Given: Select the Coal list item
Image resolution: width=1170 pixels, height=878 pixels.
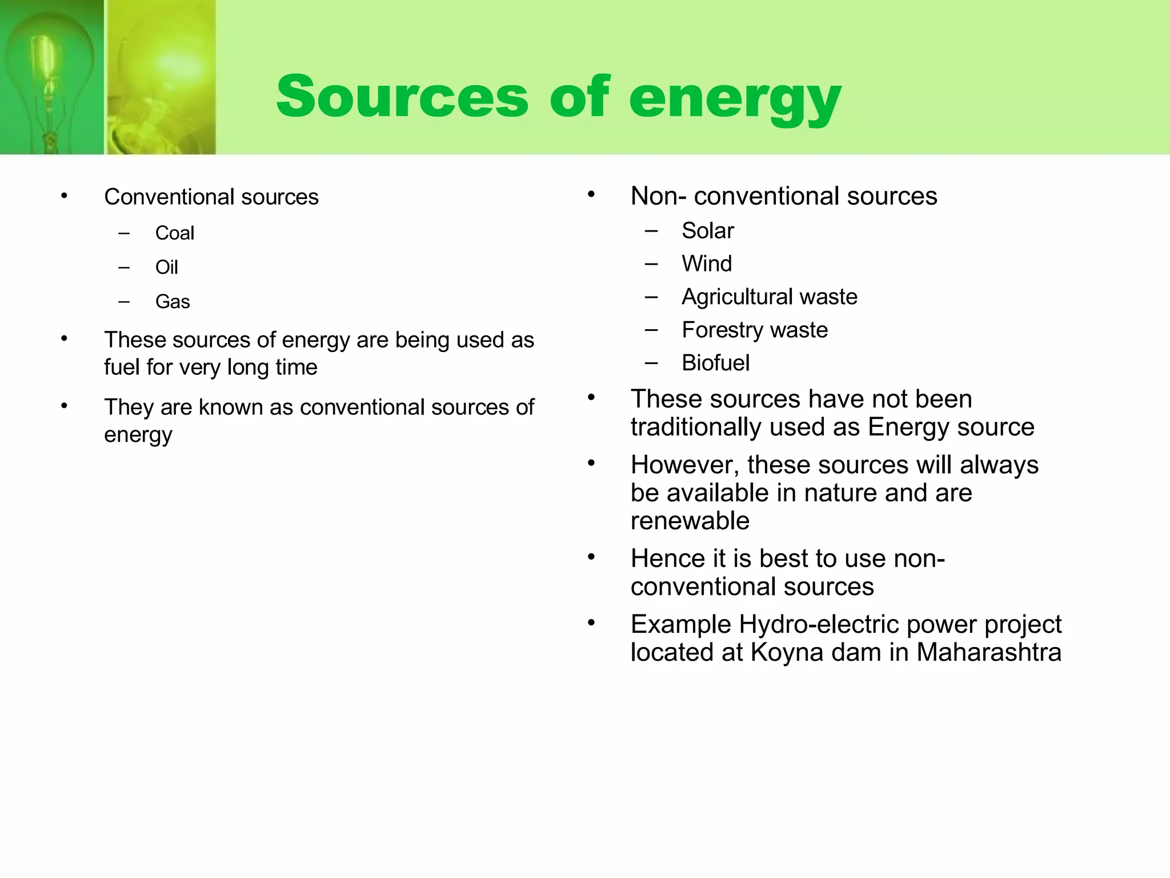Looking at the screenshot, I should point(174,233).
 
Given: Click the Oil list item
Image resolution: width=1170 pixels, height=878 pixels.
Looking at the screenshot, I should point(166,268).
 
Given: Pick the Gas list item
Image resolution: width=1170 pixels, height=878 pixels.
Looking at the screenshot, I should point(172,302).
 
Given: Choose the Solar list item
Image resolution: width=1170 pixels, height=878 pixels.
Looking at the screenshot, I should point(707,231).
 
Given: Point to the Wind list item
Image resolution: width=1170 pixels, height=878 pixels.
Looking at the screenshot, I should point(706,264).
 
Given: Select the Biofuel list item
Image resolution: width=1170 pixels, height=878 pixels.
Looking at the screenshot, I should point(715,363).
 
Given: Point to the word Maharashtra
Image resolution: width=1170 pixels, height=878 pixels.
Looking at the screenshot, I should point(988,652).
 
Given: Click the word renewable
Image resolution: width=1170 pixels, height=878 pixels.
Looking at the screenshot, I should point(690,521).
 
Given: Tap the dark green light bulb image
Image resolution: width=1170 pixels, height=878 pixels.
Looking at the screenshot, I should point(51,77).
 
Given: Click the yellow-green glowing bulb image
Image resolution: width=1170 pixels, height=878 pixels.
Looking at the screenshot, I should point(161,77).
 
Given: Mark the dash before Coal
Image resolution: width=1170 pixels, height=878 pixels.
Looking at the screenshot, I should point(124,233).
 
